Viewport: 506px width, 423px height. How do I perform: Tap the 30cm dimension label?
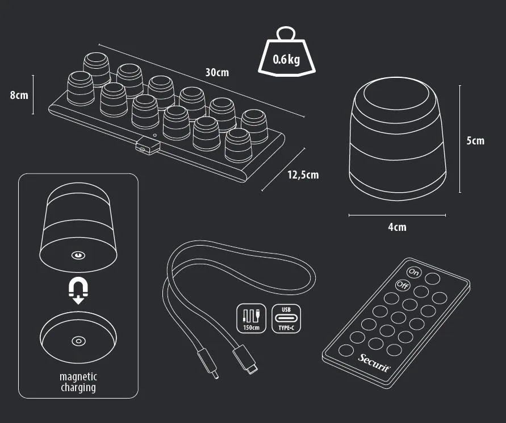[217, 72]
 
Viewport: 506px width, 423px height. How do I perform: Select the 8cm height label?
[19, 95]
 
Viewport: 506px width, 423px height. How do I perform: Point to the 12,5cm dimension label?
[303, 175]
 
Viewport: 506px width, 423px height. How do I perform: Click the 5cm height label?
[475, 140]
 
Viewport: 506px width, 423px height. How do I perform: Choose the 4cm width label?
[398, 227]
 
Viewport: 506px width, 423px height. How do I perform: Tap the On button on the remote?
[413, 272]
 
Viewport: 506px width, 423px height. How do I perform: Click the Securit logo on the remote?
[374, 363]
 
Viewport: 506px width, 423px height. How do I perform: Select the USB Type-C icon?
[286, 318]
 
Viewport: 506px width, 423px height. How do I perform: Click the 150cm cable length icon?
[252, 318]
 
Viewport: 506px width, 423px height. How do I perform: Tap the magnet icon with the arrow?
[78, 292]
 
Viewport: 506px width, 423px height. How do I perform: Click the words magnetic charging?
[78, 382]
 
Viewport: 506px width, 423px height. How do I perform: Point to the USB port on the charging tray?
[148, 146]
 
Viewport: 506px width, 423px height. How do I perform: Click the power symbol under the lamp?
[78, 256]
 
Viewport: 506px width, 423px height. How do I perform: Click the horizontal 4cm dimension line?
[398, 215]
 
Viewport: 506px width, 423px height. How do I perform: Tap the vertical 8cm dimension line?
[33, 95]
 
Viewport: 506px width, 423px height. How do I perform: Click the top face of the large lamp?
[396, 93]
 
